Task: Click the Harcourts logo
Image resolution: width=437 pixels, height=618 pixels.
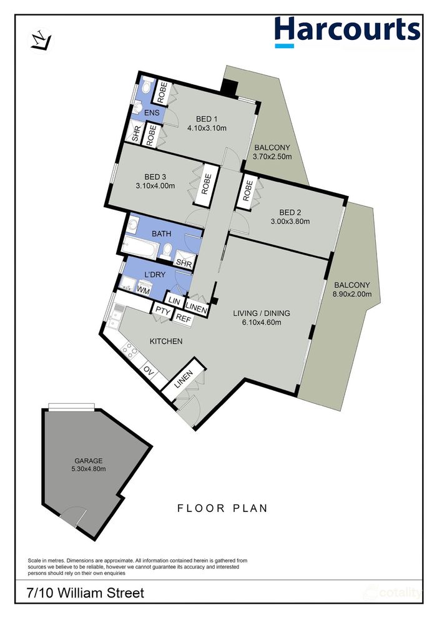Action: (347, 32)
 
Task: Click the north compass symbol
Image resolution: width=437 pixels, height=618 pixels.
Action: (41, 41)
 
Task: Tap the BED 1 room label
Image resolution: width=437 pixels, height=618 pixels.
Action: (207, 119)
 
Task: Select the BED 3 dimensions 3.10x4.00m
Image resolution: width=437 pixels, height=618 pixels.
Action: (155, 185)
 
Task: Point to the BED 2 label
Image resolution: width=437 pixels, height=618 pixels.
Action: (290, 212)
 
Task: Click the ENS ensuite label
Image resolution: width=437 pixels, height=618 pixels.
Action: (152, 113)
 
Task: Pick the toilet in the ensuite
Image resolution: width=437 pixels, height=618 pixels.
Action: (147, 85)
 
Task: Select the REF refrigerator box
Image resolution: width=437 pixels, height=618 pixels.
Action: (182, 318)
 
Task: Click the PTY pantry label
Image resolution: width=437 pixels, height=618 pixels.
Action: (162, 311)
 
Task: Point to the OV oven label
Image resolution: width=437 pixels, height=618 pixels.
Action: (149, 371)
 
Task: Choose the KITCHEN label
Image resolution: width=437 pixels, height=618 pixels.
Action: (166, 341)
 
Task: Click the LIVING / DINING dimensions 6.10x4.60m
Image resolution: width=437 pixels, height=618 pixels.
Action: (261, 322)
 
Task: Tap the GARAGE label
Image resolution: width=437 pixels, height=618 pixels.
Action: (89, 461)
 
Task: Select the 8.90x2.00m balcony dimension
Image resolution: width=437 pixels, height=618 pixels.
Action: (352, 294)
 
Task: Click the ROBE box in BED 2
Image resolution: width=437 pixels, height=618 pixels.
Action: (247, 191)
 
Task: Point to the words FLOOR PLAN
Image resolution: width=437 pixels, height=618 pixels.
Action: (223, 508)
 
